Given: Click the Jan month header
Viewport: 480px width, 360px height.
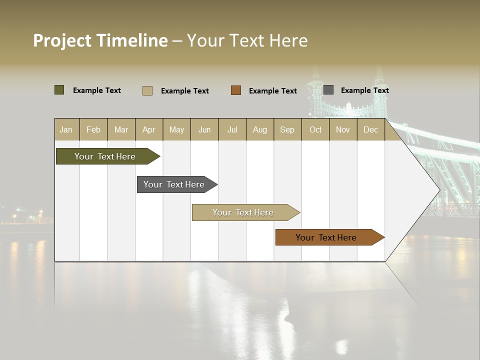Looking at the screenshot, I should [x=66, y=129].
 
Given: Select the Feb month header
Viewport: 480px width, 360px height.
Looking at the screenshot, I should [x=93, y=129].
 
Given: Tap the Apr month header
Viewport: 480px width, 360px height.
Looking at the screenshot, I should [x=149, y=129].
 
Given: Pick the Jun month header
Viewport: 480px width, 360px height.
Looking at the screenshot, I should [x=204, y=129].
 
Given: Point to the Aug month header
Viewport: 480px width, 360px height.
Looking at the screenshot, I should [x=260, y=129].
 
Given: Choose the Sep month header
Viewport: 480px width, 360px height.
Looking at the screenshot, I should [x=287, y=129].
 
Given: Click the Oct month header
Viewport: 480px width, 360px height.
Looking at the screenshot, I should [x=315, y=129].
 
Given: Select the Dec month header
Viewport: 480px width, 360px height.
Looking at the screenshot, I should [x=371, y=129].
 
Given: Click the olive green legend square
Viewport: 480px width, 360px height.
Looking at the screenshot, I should [x=59, y=90].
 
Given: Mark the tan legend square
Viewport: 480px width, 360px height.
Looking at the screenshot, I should [x=147, y=90].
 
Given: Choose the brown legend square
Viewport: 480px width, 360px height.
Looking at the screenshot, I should [x=236, y=90].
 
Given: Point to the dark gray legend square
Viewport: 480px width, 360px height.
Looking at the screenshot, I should [x=328, y=90].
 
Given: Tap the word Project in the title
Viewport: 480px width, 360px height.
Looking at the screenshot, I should [x=62, y=40].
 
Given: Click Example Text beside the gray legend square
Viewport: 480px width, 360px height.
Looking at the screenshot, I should [x=364, y=90].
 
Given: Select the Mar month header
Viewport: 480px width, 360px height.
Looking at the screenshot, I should [x=121, y=129].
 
